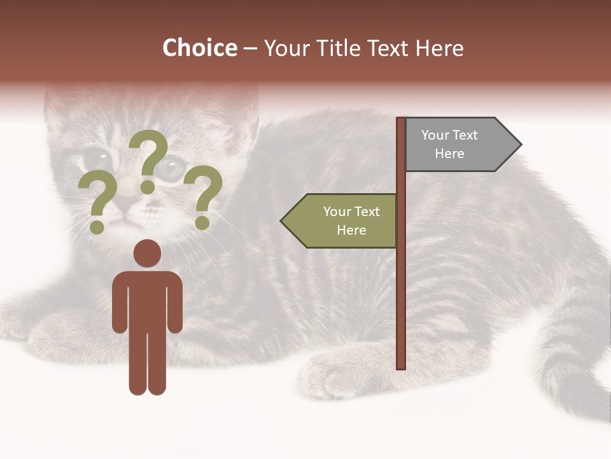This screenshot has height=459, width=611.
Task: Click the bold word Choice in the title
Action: [x=199, y=48]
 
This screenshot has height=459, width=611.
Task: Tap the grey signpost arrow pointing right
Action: [x=456, y=145]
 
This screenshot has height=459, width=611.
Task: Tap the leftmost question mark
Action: [x=97, y=201]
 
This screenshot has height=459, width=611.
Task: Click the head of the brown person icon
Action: [x=147, y=253]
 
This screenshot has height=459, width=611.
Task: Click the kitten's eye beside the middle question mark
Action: [x=170, y=167]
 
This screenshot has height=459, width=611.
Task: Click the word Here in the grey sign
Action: [x=449, y=154]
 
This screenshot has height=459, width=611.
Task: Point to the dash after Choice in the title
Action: [x=250, y=49]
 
